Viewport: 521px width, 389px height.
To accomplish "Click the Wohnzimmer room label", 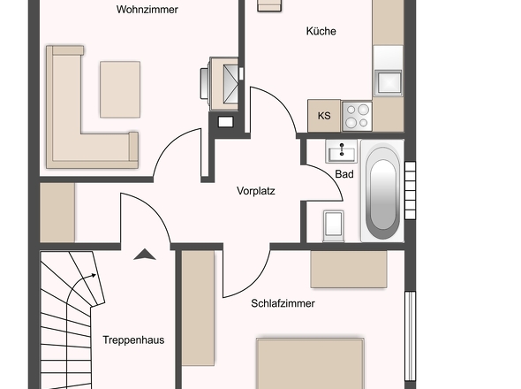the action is click(x=147, y=10).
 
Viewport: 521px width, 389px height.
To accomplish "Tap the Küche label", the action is click(x=321, y=31).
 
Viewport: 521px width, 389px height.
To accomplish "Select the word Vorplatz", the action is click(x=256, y=191).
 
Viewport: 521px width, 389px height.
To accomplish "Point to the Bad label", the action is click(x=344, y=174).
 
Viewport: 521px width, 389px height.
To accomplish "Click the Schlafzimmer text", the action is click(x=283, y=303).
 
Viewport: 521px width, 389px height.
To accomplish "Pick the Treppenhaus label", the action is click(x=133, y=339).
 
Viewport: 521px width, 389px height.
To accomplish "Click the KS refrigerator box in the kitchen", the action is click(x=324, y=116).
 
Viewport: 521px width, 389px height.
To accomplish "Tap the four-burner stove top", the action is click(x=357, y=116).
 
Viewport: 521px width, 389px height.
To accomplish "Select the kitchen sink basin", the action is click(x=388, y=82).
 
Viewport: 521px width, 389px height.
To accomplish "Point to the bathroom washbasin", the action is click(x=341, y=151).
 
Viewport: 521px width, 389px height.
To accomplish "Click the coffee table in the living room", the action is click(x=120, y=89).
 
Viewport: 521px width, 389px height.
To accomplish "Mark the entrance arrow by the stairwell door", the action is click(x=145, y=255).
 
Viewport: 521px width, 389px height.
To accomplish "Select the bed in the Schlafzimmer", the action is click(x=310, y=363).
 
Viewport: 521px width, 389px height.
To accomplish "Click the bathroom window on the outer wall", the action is click(x=410, y=190).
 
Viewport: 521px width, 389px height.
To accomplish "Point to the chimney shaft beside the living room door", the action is click(x=225, y=122).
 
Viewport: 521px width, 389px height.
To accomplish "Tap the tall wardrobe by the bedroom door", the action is click(x=198, y=309).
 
